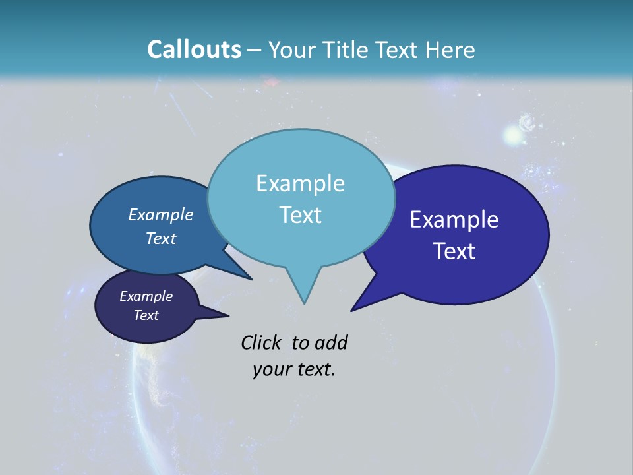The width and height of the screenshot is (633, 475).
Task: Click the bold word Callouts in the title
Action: tap(194, 49)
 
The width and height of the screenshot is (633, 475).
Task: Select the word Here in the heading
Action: tap(451, 49)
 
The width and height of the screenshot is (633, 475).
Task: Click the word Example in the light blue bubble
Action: tap(300, 183)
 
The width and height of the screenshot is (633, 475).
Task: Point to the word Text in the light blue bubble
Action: tap(300, 215)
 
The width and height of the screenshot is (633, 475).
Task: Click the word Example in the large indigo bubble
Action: tap(454, 220)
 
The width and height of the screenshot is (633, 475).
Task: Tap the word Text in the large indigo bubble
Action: tap(454, 251)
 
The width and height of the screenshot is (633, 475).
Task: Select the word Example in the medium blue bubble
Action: tap(161, 214)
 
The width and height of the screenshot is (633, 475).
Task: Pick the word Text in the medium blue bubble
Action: tap(161, 238)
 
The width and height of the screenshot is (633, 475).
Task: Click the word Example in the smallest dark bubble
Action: tap(146, 296)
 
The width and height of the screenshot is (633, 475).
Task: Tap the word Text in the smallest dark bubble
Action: tap(146, 315)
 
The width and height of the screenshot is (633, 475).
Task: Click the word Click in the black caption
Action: tap(261, 342)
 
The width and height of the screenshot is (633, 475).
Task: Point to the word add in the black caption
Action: tap(331, 342)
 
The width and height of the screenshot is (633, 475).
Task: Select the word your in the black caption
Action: tap(270, 369)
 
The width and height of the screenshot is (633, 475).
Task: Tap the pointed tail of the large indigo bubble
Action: tap(356, 306)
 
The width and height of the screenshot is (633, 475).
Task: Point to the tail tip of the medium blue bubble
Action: tap(250, 278)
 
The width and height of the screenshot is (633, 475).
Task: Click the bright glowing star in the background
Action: tap(512, 135)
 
